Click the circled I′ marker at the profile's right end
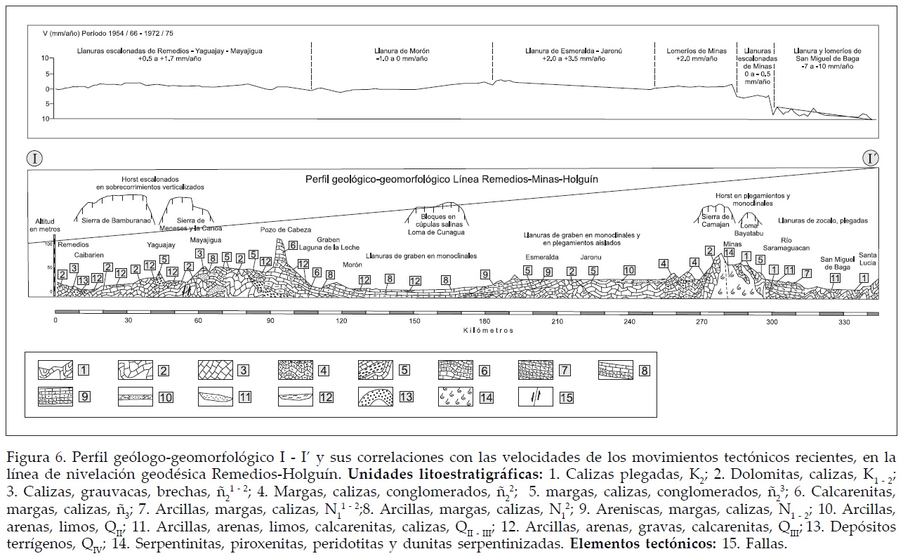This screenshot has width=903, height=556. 870,157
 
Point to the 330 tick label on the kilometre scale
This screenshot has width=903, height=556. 843,322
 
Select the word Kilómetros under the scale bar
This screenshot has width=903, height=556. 488,330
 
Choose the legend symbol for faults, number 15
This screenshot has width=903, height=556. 535,397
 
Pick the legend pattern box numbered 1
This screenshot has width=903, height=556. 55,369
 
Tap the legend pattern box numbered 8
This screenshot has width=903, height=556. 617,369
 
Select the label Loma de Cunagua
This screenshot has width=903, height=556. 437,232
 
